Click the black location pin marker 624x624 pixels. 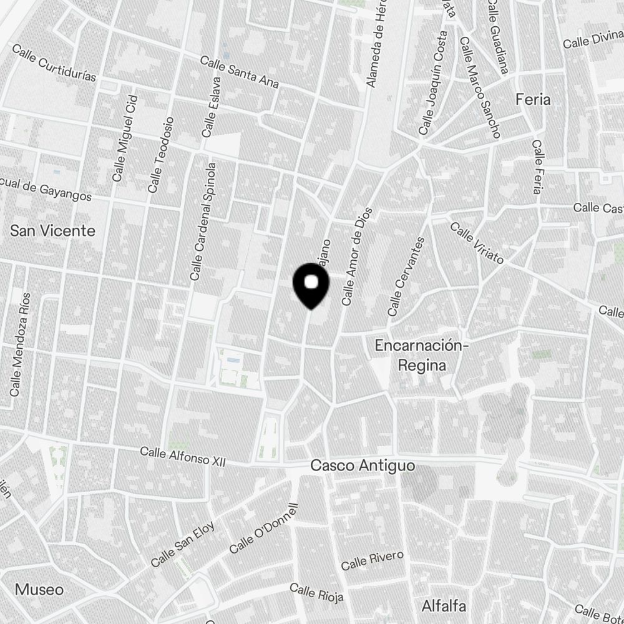(x=311, y=285)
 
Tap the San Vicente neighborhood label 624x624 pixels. (x=53, y=231)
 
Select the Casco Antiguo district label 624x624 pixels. (x=363, y=466)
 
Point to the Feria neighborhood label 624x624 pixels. (x=533, y=99)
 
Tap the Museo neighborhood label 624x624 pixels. (x=39, y=590)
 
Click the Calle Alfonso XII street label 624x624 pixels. (x=182, y=456)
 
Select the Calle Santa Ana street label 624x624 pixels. (x=239, y=72)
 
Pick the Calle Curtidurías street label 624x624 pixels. (x=54, y=63)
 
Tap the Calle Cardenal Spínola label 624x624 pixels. (x=203, y=222)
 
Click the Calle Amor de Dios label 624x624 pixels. (x=357, y=256)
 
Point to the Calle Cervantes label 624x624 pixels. (x=406, y=276)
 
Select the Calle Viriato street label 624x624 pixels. (x=477, y=243)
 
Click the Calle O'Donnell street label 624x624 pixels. (x=265, y=529)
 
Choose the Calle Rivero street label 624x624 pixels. (x=373, y=560)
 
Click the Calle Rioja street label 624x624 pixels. (x=317, y=593)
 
